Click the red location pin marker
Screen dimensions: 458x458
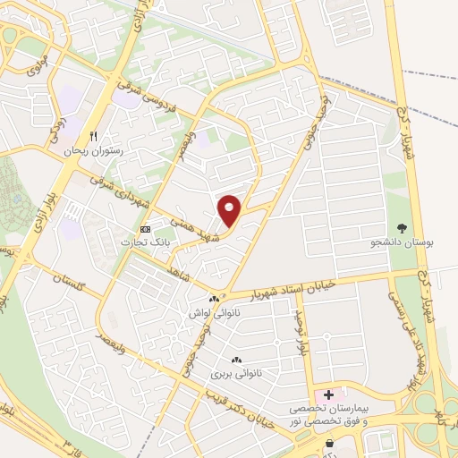pos(230,211)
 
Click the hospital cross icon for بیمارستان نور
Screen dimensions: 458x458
pos(327,394)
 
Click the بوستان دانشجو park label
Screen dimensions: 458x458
pos(398,242)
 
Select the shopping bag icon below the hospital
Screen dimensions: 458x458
pos(330,442)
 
